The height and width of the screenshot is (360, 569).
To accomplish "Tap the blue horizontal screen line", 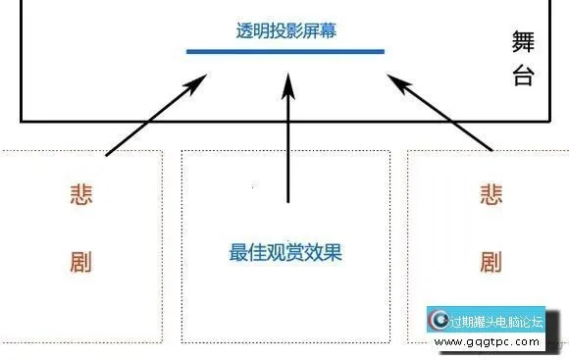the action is coord(285,51).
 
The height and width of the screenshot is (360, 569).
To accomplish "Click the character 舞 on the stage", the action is coord(523,41).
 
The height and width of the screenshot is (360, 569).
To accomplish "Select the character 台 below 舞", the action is coord(523,77).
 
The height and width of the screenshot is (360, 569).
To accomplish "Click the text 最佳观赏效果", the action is coord(285,253).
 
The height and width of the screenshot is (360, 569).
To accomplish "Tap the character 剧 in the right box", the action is coord(491,262).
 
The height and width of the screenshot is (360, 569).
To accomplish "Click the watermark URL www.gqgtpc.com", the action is coord(487,343).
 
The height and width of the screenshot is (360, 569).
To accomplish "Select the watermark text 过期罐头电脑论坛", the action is coord(495,321).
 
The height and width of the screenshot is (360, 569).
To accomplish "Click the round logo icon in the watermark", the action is coord(440,321).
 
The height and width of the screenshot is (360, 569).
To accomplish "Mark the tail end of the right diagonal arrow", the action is coord(491,150).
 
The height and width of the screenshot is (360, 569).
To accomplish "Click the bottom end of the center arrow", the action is coord(287,202).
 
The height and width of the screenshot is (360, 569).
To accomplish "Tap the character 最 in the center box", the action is coord(236,253).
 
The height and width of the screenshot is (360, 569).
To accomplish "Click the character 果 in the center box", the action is coord(335,253).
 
